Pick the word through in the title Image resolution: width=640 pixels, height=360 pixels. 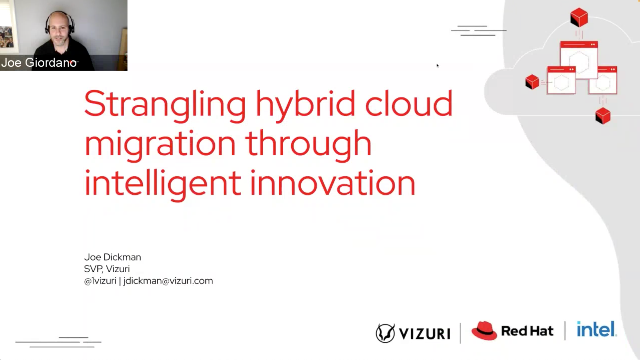(x=312, y=143)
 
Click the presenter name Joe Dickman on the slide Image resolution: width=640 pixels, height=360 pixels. (x=113, y=257)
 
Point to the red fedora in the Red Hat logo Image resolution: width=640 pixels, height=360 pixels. (x=485, y=331)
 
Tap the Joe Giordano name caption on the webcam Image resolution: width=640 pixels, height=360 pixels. (x=39, y=63)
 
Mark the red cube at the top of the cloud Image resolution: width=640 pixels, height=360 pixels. (x=578, y=17)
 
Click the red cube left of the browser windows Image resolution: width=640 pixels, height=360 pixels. (x=532, y=82)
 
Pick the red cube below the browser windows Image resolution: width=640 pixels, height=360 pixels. (x=602, y=116)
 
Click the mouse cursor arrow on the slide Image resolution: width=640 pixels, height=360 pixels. (x=438, y=66)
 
